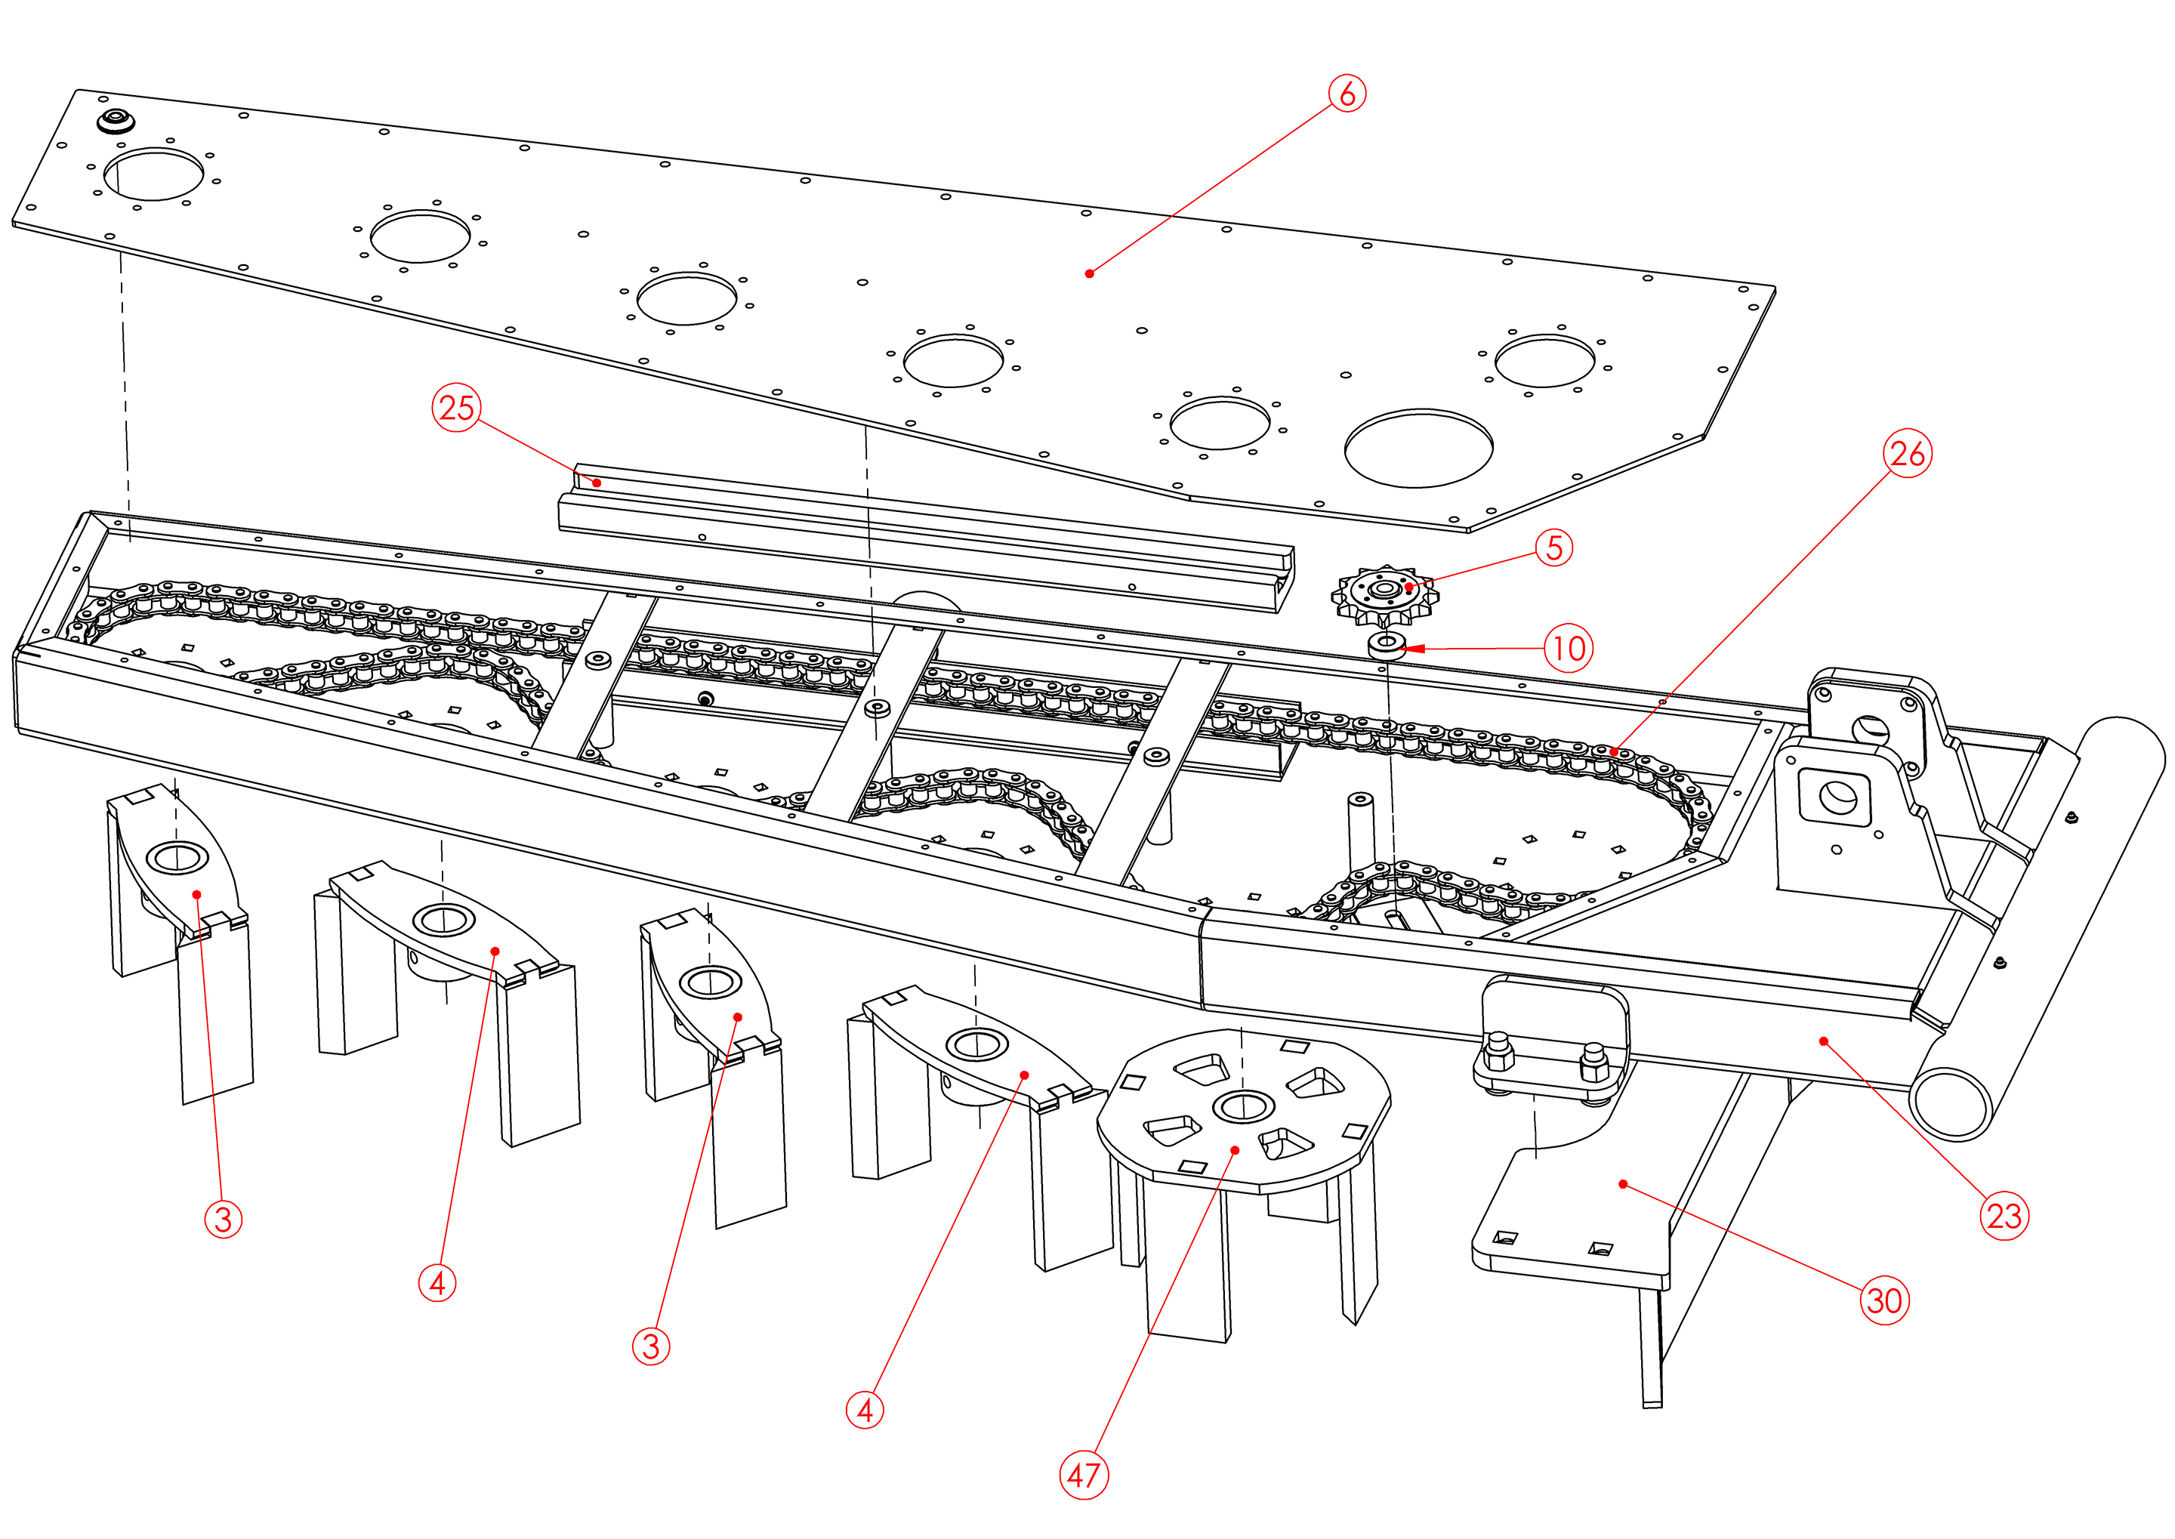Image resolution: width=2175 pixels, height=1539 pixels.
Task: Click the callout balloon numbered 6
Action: tap(1347, 94)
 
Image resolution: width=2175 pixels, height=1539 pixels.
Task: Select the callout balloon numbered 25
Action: tap(457, 408)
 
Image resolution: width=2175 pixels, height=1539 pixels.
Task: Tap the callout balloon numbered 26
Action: tap(1907, 453)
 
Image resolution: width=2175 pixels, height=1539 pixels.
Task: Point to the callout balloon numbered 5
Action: tap(1554, 547)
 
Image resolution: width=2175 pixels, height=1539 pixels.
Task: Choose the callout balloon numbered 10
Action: tap(1569, 648)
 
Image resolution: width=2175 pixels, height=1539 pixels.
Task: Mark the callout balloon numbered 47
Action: tap(1083, 1475)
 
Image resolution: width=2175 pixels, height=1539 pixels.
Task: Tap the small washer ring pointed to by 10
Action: tap(1387, 646)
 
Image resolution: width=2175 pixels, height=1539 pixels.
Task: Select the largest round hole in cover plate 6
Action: tap(1419, 449)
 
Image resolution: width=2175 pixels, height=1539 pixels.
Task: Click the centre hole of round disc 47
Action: tap(1242, 1105)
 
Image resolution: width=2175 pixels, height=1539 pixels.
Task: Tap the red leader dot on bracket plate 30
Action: tap(1622, 1183)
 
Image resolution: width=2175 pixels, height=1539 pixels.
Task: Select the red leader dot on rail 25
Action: tap(597, 483)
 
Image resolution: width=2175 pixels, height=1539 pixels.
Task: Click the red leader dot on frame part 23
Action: tap(1823, 1041)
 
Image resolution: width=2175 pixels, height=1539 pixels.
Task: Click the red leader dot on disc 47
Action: tap(1235, 1150)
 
